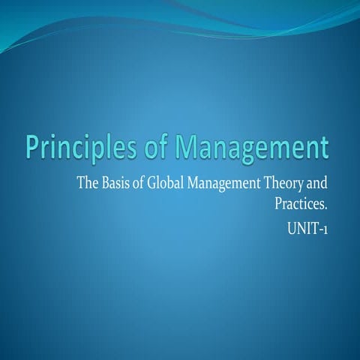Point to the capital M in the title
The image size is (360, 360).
[x=185, y=145]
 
